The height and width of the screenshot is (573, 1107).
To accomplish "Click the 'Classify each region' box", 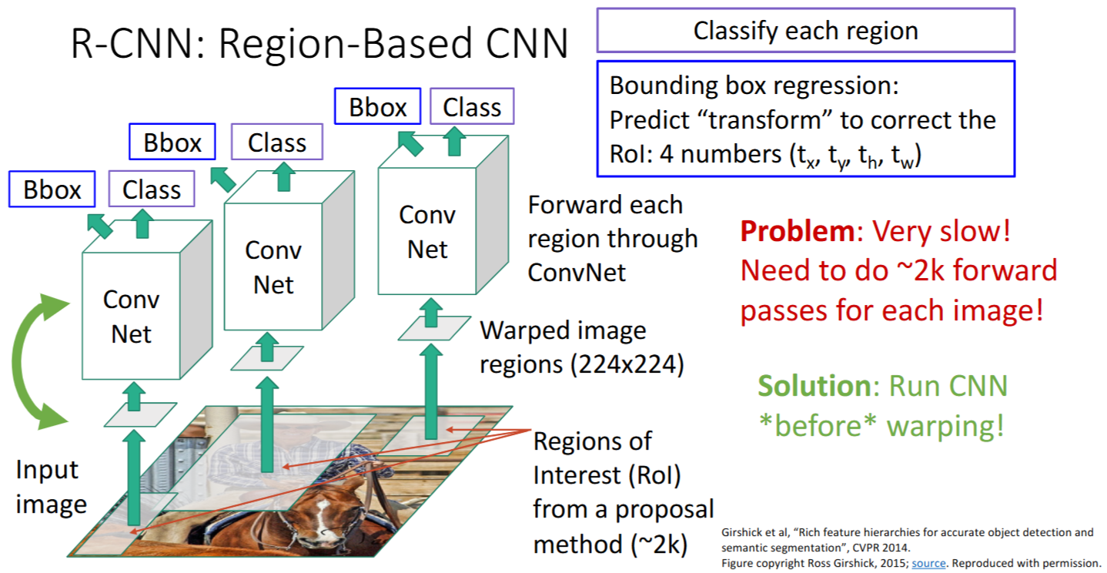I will (x=805, y=31).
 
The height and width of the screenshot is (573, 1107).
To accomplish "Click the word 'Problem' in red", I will (x=795, y=231).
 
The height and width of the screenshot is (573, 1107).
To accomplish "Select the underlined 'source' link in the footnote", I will (x=928, y=563).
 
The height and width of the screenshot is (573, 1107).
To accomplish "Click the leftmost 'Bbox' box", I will (x=52, y=189).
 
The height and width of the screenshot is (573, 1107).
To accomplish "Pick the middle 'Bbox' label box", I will (x=172, y=142).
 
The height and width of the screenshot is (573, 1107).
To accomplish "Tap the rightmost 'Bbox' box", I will (x=377, y=107).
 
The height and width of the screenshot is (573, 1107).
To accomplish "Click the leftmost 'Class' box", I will (x=151, y=189).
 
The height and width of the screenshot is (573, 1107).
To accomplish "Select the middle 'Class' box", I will (x=277, y=142).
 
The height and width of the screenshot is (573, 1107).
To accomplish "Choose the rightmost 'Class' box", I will (x=471, y=107).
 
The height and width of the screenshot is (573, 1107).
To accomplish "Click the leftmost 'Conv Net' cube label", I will (x=131, y=317).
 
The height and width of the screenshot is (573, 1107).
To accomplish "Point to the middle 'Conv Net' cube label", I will (x=273, y=267).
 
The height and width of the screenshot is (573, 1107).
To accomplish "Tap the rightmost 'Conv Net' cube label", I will (x=427, y=232).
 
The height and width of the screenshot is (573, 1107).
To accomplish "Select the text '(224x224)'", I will (x=581, y=364).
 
